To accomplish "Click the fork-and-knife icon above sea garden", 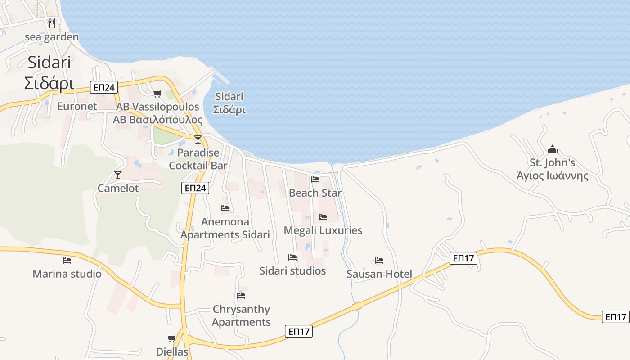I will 52,23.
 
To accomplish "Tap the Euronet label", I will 77,107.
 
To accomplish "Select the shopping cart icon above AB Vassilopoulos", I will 157,94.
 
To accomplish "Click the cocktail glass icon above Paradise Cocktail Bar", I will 198,139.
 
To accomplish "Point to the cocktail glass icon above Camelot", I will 118,175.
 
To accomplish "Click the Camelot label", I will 118,188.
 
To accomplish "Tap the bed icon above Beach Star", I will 315,180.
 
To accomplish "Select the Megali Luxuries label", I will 323,230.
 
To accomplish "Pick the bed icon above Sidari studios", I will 292,257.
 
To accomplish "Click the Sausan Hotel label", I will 379,274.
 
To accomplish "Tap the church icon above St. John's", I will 552,149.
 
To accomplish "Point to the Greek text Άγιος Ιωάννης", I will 552,175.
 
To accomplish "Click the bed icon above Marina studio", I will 67,260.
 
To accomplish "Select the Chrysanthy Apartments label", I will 241,315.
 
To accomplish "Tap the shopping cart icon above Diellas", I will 171,338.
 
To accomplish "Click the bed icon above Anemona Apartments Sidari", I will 225,208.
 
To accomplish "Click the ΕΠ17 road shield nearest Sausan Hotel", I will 463,258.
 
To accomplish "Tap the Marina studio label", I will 67,274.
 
